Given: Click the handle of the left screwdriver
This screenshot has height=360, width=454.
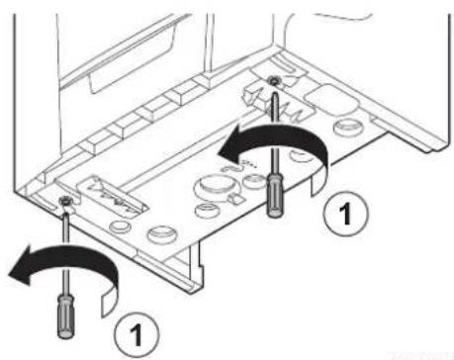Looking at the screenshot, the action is (x=66, y=316).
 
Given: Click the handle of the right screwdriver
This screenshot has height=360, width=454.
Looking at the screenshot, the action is (x=275, y=196).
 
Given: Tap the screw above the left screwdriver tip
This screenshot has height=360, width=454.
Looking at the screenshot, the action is (x=64, y=201).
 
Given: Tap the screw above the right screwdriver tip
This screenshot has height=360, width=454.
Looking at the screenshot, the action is (x=273, y=80).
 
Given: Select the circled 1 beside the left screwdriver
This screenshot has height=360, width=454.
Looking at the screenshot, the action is (x=136, y=334).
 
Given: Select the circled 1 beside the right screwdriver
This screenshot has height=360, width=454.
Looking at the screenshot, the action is (x=345, y=214).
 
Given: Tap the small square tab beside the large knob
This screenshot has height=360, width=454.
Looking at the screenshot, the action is (x=234, y=199).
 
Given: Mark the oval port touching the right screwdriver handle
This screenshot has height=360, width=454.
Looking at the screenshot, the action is (x=254, y=181).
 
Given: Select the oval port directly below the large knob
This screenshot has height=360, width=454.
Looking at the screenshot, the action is (x=206, y=211).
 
